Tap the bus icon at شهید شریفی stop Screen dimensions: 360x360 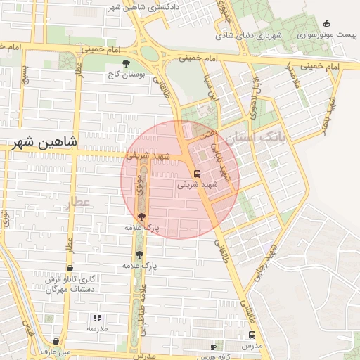(x=197, y=173)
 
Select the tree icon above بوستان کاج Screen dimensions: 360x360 (x=126, y=63)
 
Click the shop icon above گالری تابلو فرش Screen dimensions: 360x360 (x=70, y=269)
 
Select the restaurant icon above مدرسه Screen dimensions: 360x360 (x=97, y=318)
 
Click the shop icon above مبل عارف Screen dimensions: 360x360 (x=56, y=341)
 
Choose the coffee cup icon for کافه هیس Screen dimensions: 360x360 (x=214, y=347)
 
